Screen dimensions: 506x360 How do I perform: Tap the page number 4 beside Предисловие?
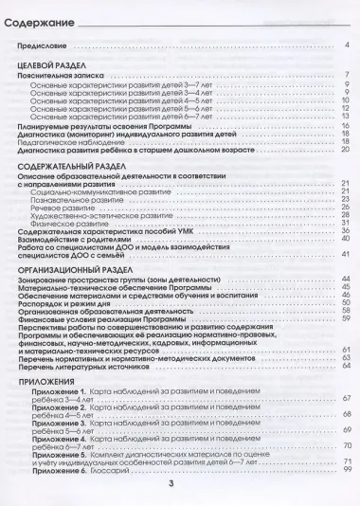pyautogui.click(x=348, y=45)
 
